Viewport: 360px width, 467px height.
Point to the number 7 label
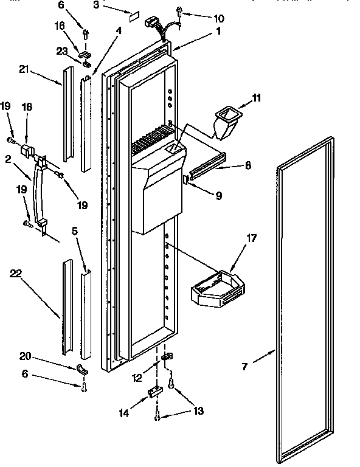pos(245,366)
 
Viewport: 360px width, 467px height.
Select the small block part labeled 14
pos(154,393)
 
